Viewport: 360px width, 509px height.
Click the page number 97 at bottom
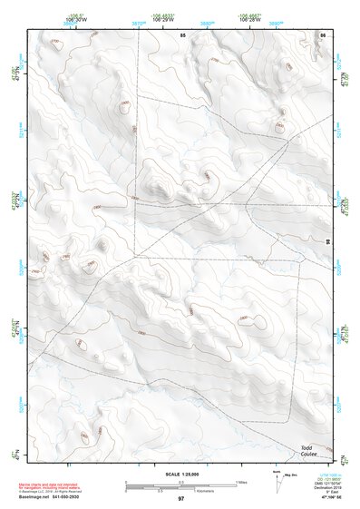click(181, 499)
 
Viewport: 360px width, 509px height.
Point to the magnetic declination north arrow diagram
click(277, 482)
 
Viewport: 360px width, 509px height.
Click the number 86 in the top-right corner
click(323, 34)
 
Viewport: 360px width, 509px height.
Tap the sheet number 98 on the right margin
click(328, 242)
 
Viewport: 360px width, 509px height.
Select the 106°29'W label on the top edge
click(151, 20)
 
